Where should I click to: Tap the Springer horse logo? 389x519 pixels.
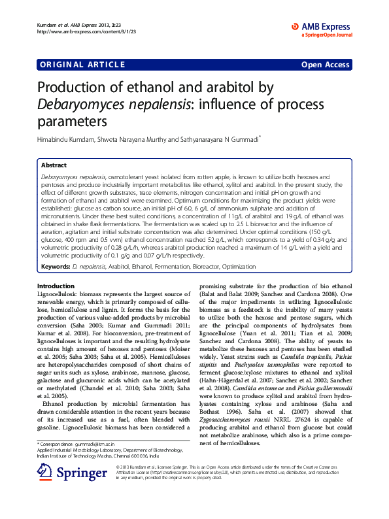(x=44, y=490)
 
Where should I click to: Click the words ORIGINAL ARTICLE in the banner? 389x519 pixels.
(x=82, y=64)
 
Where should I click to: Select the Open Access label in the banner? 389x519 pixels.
(x=325, y=64)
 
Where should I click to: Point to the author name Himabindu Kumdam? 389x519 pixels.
(x=67, y=139)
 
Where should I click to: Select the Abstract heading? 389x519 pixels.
(x=54, y=166)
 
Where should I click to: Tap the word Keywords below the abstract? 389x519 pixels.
(x=56, y=267)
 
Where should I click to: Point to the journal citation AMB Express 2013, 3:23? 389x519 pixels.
(x=82, y=24)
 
